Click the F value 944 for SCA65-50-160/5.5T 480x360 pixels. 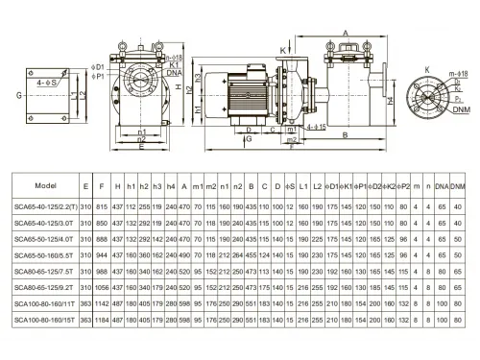point(102,256)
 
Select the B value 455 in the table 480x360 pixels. point(252,256)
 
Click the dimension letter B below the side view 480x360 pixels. point(344,135)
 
